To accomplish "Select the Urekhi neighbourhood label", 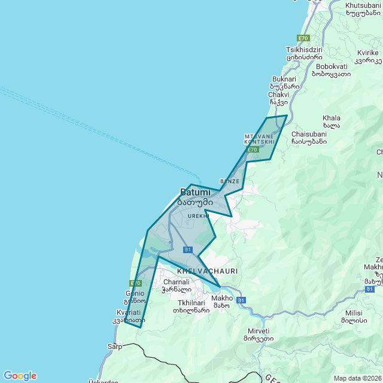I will [x=198, y=215].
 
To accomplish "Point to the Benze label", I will [x=230, y=181].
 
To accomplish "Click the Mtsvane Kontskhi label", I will [x=259, y=139].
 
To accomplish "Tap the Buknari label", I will [x=284, y=79].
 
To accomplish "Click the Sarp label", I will [x=115, y=346].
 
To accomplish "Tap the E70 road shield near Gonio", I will [x=135, y=283].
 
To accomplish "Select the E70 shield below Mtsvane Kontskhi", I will [x=253, y=150].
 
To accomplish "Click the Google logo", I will [x=20, y=376].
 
